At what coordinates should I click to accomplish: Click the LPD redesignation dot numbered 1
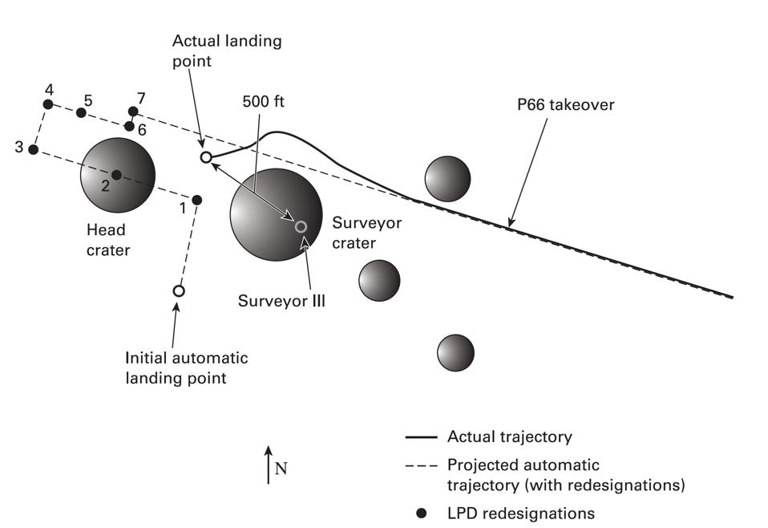pos(197,199)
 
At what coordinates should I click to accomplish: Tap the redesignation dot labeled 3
pos(33,149)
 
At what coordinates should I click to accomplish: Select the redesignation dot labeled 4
pos(48,104)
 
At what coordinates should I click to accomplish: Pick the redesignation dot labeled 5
pos(81,112)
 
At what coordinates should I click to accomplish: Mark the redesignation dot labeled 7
pos(133,112)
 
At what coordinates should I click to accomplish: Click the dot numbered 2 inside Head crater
pos(116,175)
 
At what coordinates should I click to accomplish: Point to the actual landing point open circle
pos(205,157)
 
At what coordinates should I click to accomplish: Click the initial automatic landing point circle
pos(179,290)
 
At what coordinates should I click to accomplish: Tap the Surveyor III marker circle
pos(301,227)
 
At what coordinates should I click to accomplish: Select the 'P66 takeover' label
pos(566,105)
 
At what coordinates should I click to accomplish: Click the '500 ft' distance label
pos(264,102)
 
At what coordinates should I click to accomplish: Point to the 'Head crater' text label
pos(108,240)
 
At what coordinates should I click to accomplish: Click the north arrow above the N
pos(269,464)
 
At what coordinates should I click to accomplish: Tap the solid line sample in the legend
pos(421,437)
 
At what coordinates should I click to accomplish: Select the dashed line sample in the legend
pos(421,465)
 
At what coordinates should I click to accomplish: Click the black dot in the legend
pos(422,513)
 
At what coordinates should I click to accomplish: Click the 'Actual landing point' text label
pos(227,51)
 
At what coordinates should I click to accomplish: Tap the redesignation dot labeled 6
pos(129,126)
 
